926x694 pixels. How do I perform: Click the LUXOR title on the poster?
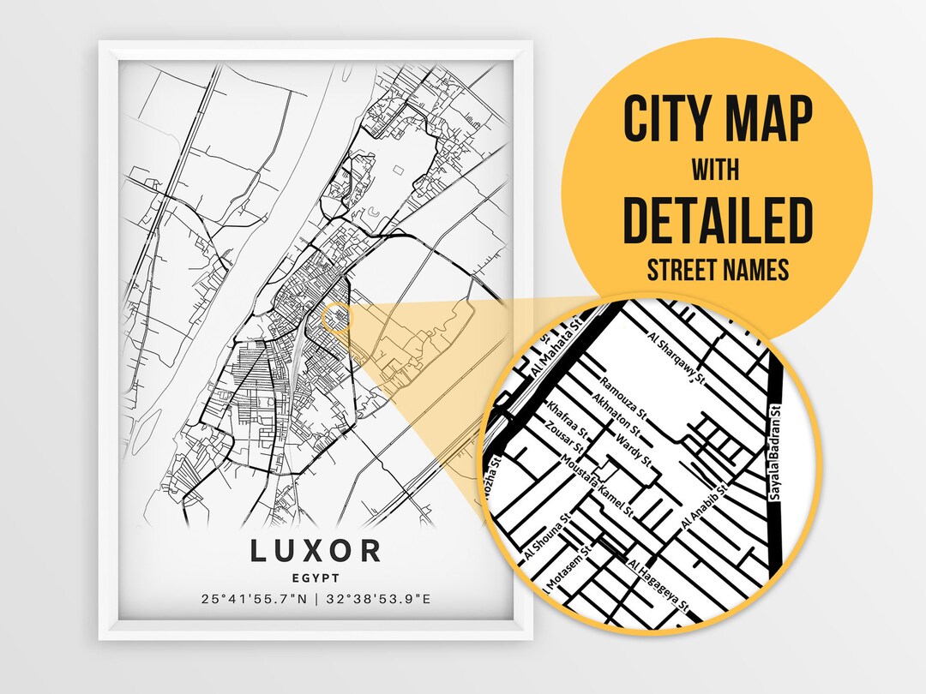click(x=316, y=551)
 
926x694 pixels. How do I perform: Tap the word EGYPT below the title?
click(x=316, y=578)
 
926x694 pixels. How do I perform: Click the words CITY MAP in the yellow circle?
click(x=717, y=121)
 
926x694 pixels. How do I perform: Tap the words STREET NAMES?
click(x=717, y=272)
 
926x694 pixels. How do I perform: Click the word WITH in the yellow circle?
click(x=717, y=171)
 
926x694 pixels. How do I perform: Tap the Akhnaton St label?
click(x=616, y=413)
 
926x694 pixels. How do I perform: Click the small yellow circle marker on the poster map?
click(x=336, y=318)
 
